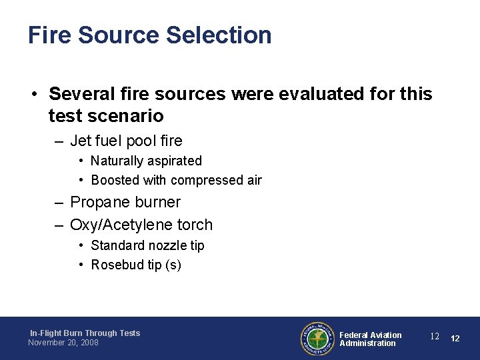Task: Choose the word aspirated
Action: click(x=174, y=161)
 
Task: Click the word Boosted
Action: click(x=115, y=180)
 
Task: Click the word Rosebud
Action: click(x=115, y=265)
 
